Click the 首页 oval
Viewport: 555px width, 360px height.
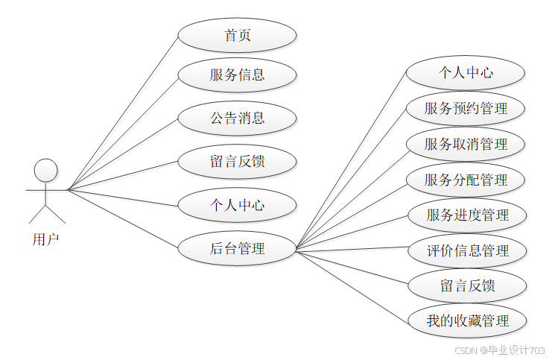[x=237, y=36]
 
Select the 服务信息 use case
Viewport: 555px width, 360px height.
[x=237, y=75]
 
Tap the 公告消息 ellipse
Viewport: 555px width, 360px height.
[x=237, y=118]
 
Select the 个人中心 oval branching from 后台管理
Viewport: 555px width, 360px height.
[x=466, y=73]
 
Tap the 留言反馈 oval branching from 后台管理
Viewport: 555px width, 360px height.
[x=468, y=285]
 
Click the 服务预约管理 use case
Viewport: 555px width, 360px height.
[x=466, y=108]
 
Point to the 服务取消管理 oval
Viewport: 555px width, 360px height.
[x=466, y=144]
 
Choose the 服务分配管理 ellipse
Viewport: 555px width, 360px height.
[x=466, y=180]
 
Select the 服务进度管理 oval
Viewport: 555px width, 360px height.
[x=468, y=215]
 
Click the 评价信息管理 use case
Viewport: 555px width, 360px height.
[x=468, y=250]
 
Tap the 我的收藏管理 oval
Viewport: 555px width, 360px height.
[x=468, y=321]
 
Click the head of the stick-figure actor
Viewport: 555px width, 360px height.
[x=46, y=171]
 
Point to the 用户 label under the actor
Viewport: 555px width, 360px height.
[x=45, y=239]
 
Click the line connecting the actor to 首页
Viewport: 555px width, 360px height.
[x=123, y=113]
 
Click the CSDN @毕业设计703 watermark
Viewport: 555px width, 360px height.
[x=499, y=350]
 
